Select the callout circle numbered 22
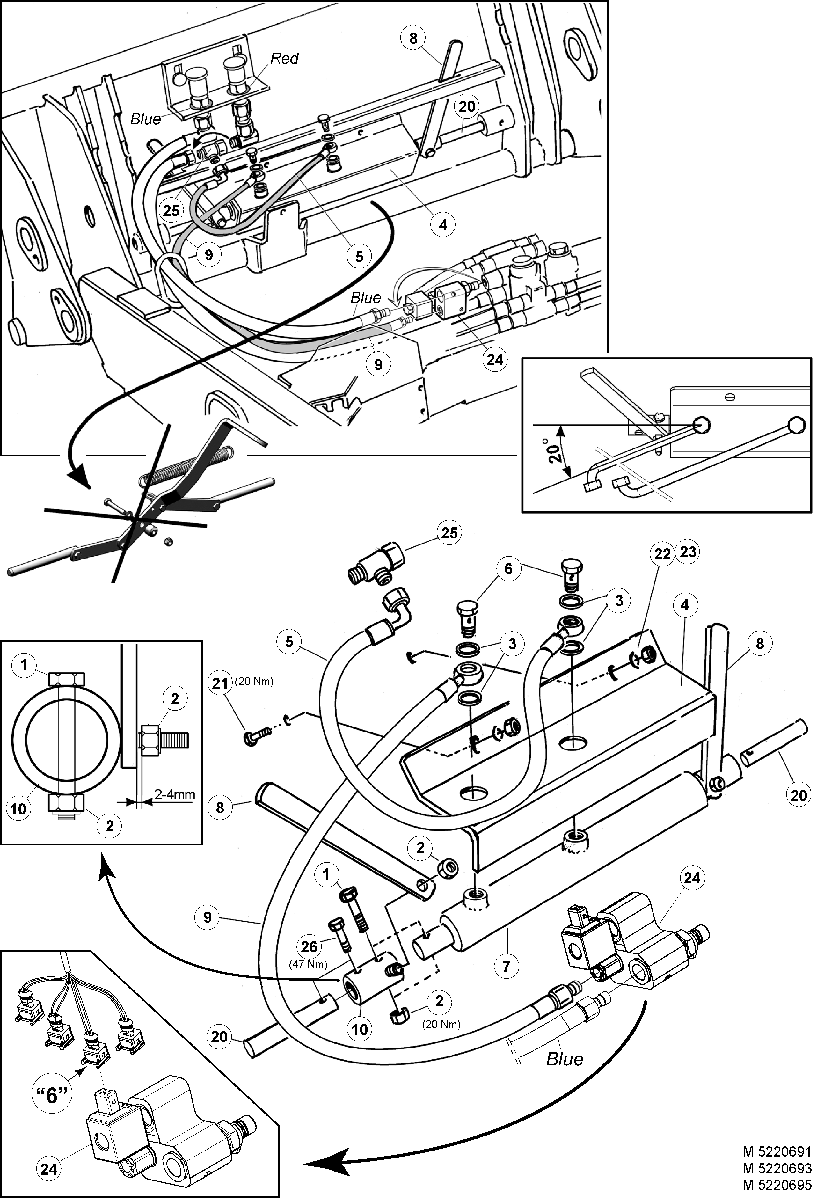coord(662,554)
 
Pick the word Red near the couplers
coord(285,58)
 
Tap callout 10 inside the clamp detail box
coord(18,808)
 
